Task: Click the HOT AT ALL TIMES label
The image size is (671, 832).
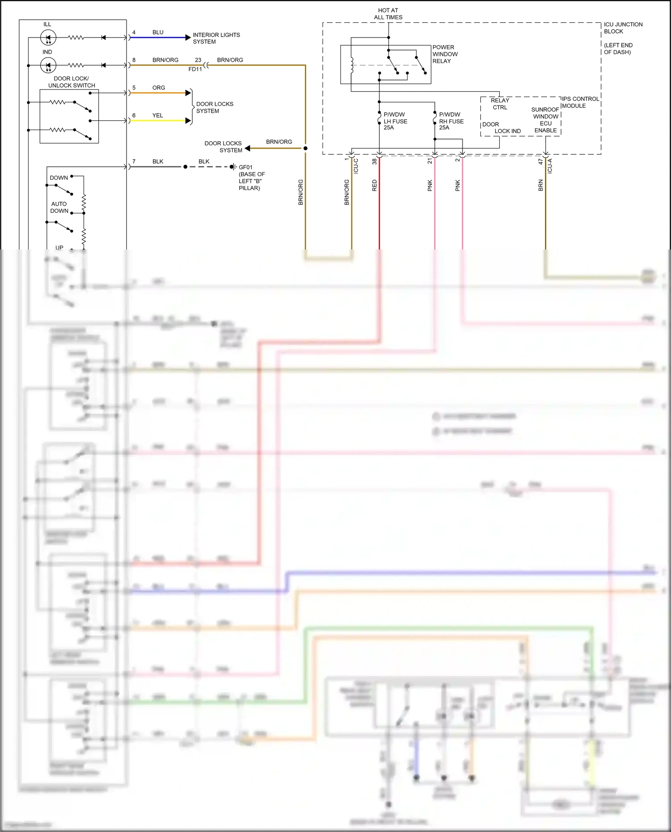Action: (x=388, y=14)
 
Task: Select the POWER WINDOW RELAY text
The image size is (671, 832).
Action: (x=445, y=54)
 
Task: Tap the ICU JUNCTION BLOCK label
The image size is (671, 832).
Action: (x=623, y=28)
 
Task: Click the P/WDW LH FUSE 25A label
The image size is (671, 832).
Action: (x=395, y=121)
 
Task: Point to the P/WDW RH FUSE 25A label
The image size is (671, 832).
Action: (x=451, y=121)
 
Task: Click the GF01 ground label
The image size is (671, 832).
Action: (x=246, y=167)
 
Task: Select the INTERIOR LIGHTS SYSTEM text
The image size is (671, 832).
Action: (x=216, y=38)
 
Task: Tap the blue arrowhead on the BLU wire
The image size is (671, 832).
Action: (x=188, y=38)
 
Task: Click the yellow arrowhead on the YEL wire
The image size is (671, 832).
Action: (x=188, y=121)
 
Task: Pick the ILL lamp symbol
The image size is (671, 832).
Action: (x=48, y=38)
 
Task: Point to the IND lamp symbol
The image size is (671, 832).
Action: (x=48, y=65)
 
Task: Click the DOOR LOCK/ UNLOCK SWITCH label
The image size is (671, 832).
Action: (x=72, y=82)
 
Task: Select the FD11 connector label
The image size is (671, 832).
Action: (x=195, y=69)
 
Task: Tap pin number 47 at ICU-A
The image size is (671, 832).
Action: (x=540, y=161)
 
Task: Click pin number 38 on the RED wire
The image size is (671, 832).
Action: (x=374, y=161)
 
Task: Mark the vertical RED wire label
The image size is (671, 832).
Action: (x=374, y=186)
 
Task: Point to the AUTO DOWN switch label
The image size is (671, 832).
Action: (x=59, y=207)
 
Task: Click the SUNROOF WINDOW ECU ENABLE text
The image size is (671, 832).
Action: (x=545, y=120)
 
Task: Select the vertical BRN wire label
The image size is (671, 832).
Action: (x=540, y=186)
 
